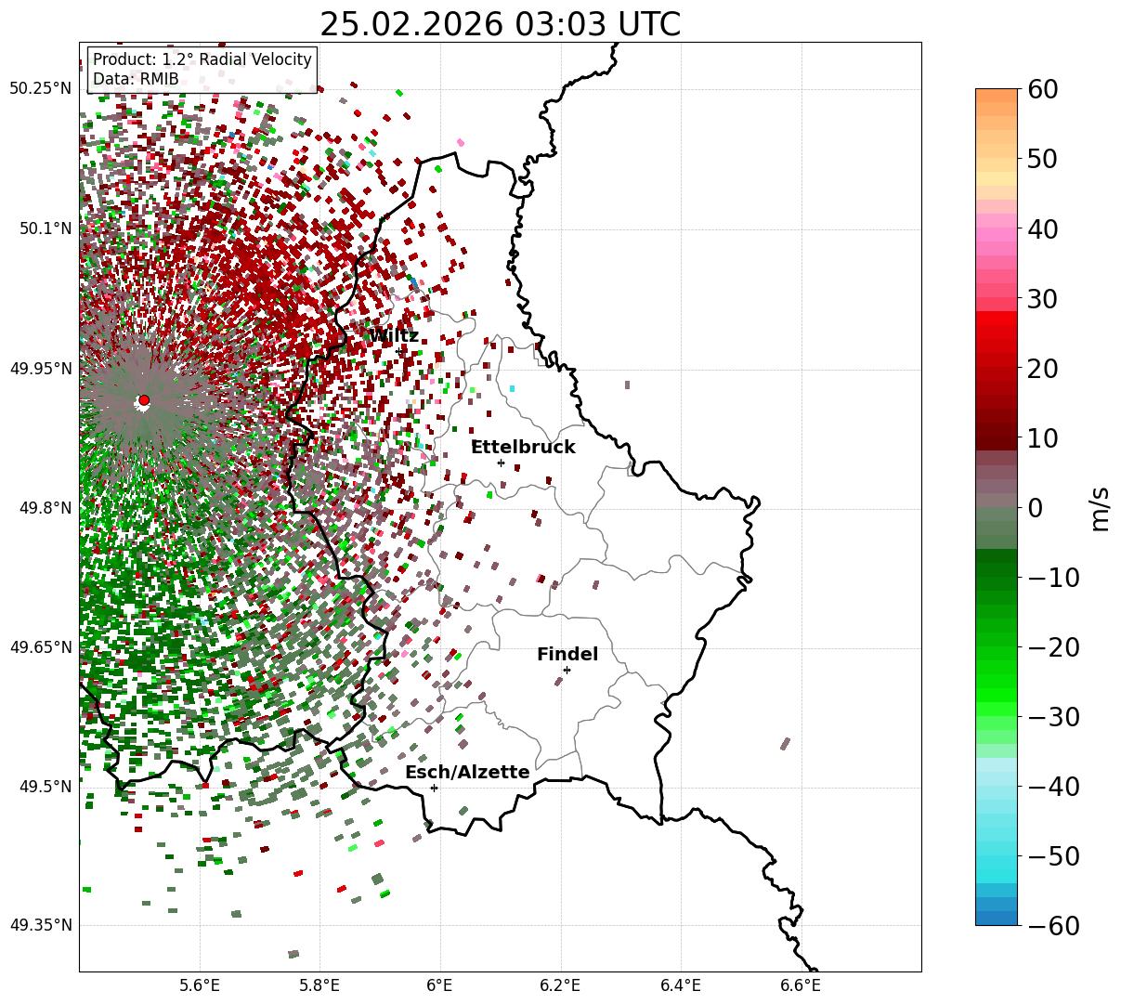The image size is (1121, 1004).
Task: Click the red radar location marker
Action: click(x=144, y=399)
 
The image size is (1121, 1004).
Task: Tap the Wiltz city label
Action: click(x=394, y=335)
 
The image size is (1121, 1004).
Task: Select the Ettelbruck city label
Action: click(x=523, y=447)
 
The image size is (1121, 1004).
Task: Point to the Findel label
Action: click(x=567, y=655)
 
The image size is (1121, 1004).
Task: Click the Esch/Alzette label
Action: click(x=467, y=773)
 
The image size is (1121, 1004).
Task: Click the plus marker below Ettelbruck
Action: click(x=501, y=463)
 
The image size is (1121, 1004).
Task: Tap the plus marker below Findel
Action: click(x=567, y=670)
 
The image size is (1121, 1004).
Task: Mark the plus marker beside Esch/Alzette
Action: click(x=434, y=788)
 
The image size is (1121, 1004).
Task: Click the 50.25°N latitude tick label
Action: click(x=40, y=88)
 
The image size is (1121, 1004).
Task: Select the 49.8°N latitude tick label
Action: click(x=43, y=508)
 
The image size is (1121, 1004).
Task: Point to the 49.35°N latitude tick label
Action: click(x=40, y=925)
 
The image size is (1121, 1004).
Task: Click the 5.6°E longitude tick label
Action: click(x=199, y=984)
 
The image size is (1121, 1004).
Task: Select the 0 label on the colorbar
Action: click(x=1035, y=508)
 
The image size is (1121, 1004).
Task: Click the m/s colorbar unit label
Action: click(x=1100, y=508)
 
